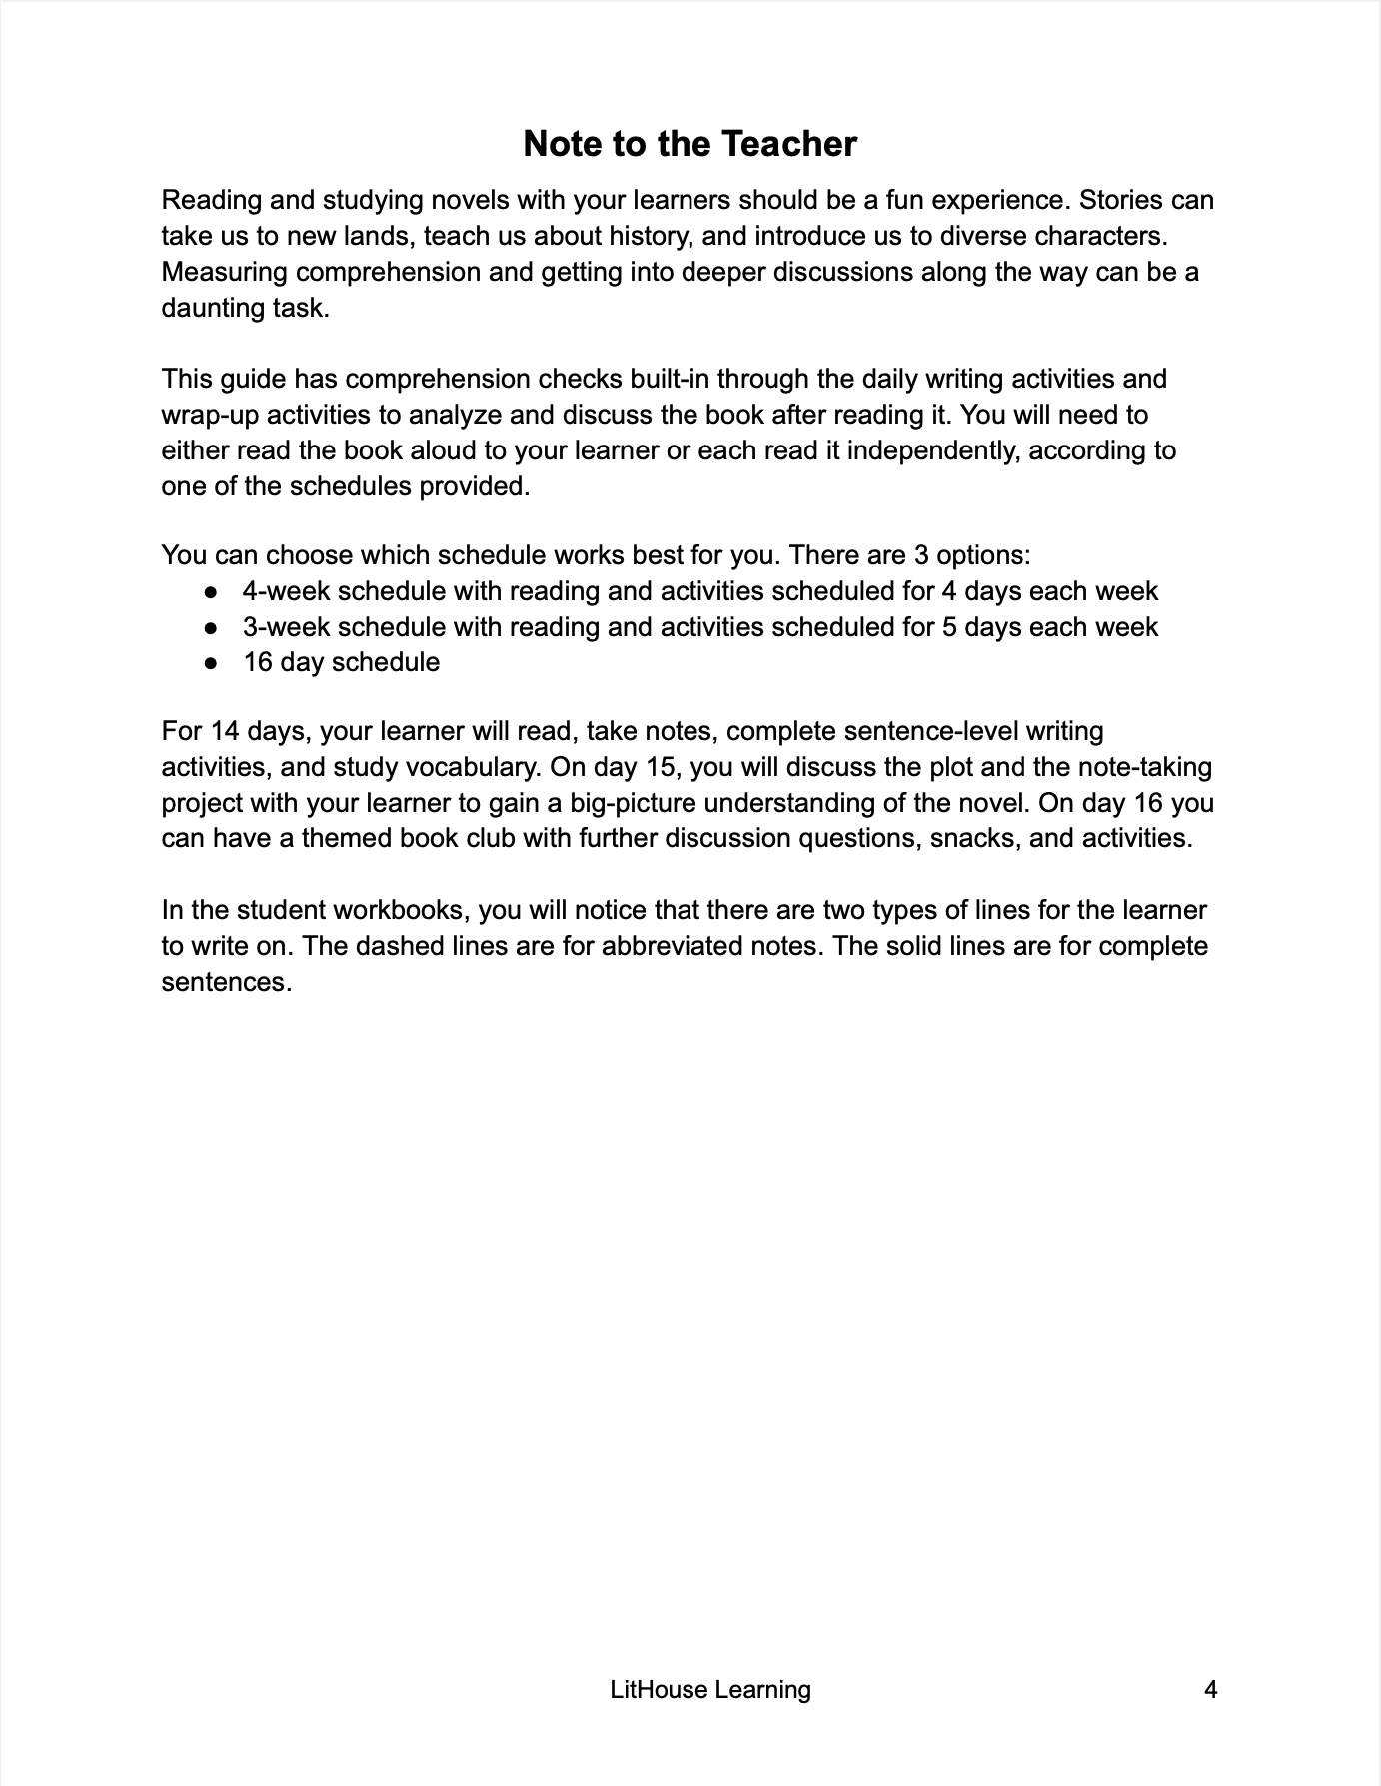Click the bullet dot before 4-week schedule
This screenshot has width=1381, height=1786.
pos(211,592)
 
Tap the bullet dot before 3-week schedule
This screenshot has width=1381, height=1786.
pos(211,628)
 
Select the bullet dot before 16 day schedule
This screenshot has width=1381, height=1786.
pos(211,663)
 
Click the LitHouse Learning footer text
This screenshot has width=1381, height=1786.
pos(709,1690)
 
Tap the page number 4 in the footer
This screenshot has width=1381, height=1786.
pos(1211,1690)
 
